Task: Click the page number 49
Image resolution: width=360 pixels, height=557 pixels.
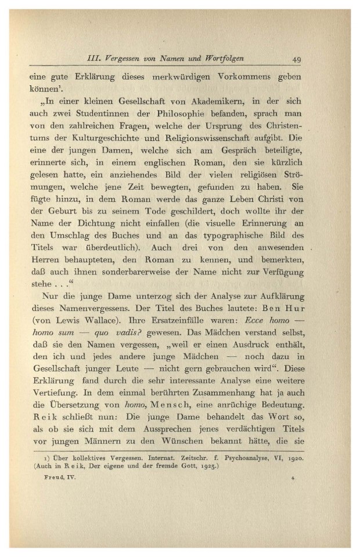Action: coord(296,59)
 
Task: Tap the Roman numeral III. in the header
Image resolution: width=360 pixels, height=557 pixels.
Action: coord(93,59)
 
